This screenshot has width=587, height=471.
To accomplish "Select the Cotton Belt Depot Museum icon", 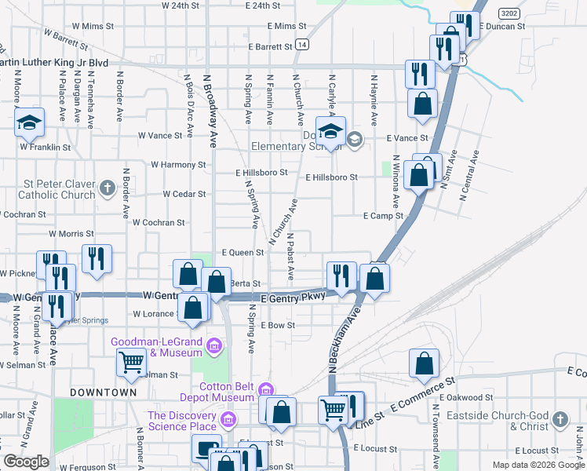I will (x=266, y=389).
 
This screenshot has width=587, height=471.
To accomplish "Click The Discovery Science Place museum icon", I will (x=228, y=420).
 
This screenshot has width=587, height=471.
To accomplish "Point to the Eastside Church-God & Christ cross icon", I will (x=560, y=419).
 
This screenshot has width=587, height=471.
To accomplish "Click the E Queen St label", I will (x=242, y=253).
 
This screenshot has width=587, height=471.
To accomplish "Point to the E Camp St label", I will (x=383, y=216).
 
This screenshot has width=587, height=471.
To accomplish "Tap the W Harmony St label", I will (x=177, y=165).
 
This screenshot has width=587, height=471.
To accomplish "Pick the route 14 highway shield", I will (x=301, y=46).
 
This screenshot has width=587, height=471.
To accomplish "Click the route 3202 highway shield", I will (x=509, y=13).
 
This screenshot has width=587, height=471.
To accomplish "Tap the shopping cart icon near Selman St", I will (x=131, y=362).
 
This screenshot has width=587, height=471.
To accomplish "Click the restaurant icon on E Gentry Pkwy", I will (x=341, y=276).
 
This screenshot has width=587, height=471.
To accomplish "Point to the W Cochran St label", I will (x=159, y=223).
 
